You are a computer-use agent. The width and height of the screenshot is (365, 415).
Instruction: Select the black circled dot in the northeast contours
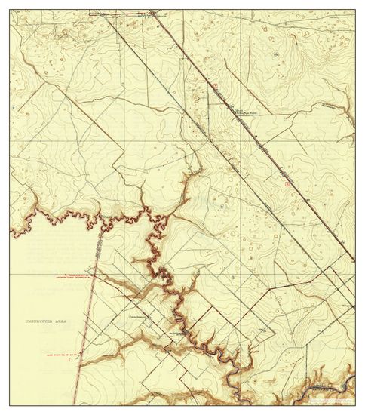pos(276,54)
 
